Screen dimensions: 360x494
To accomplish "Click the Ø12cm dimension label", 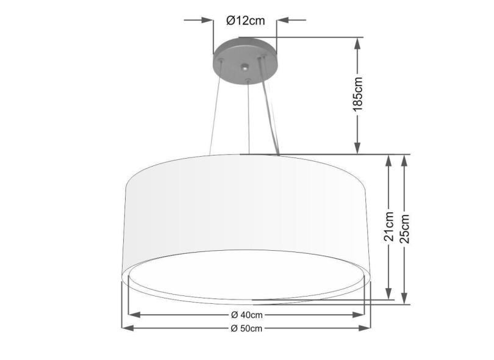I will click(x=245, y=21).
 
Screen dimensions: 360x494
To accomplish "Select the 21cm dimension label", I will click(x=389, y=228).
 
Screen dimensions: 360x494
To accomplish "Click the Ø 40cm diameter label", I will click(x=247, y=315).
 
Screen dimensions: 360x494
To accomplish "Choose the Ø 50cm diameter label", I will click(x=247, y=329).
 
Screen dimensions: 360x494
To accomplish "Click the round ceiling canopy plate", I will click(x=244, y=52).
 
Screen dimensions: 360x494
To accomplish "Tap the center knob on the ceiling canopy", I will click(x=245, y=67).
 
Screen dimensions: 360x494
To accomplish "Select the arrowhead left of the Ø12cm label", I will click(x=207, y=21).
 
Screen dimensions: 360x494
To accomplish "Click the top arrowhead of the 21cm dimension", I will click(x=389, y=160).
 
